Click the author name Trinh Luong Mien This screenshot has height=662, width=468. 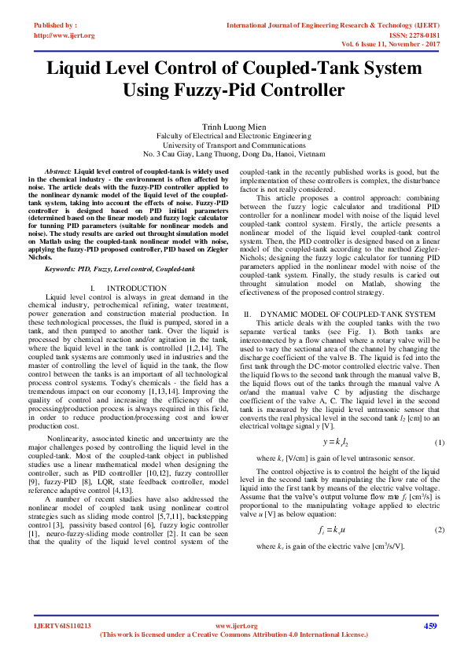234,126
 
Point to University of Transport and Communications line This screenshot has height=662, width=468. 234,145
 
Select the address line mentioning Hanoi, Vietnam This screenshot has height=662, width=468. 234,154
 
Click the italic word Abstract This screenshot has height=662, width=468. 58,171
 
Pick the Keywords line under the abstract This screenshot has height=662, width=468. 120,269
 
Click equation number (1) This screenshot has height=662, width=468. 439,443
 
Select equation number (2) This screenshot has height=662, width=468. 439,529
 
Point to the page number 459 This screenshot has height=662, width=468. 429,626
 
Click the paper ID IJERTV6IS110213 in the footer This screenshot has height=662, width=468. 62,626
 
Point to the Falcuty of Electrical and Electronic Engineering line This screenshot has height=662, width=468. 234,135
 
